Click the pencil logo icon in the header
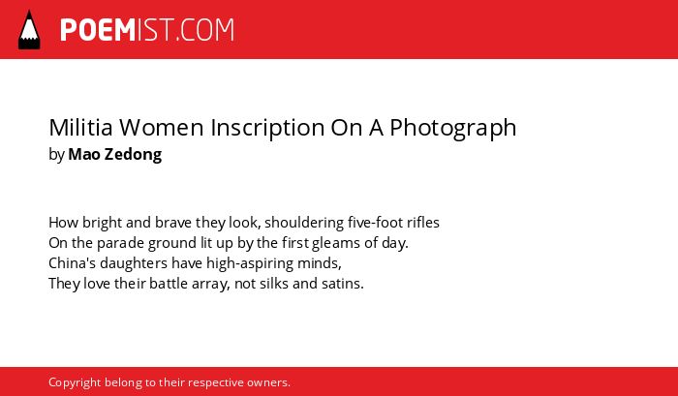tap(29, 30)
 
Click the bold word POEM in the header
tap(98, 30)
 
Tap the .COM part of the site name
tap(204, 30)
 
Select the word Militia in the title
tap(80, 128)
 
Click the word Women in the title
tap(162, 128)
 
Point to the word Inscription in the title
tap(267, 129)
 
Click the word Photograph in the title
tap(453, 129)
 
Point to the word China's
tap(65, 263)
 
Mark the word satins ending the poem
tap(343, 285)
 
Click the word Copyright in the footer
tap(75, 383)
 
